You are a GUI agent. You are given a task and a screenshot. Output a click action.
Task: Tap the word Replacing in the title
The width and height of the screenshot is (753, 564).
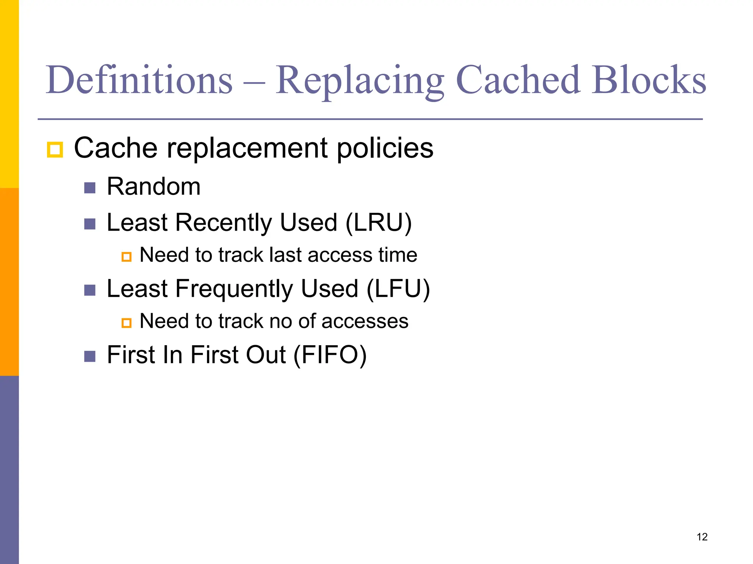pyautogui.click(x=360, y=80)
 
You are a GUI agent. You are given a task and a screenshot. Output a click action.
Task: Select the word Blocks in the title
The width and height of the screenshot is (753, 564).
pyautogui.click(x=649, y=80)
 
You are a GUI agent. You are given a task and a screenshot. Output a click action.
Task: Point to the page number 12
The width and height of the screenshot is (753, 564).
pyautogui.click(x=702, y=537)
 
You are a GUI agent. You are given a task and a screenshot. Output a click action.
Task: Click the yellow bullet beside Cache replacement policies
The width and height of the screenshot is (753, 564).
pyautogui.click(x=55, y=150)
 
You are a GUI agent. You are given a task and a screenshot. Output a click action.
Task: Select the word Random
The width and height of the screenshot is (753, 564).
pyautogui.click(x=154, y=187)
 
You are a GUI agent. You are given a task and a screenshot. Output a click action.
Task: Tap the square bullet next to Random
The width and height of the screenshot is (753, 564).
pyautogui.click(x=90, y=188)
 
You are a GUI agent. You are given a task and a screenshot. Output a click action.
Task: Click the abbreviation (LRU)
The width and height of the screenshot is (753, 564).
pyautogui.click(x=378, y=223)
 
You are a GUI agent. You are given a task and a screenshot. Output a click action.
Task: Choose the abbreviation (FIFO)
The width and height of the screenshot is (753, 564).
pyautogui.click(x=330, y=355)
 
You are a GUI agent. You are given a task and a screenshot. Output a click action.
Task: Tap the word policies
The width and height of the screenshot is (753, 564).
pyautogui.click(x=385, y=148)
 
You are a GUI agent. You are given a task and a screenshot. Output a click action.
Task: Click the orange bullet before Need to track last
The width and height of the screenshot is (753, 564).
pyautogui.click(x=126, y=256)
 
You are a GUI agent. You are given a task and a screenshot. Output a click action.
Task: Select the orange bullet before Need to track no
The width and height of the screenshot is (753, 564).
pyautogui.click(x=126, y=323)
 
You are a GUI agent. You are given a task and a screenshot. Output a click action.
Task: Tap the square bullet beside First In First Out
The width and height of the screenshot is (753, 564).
pyautogui.click(x=90, y=356)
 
